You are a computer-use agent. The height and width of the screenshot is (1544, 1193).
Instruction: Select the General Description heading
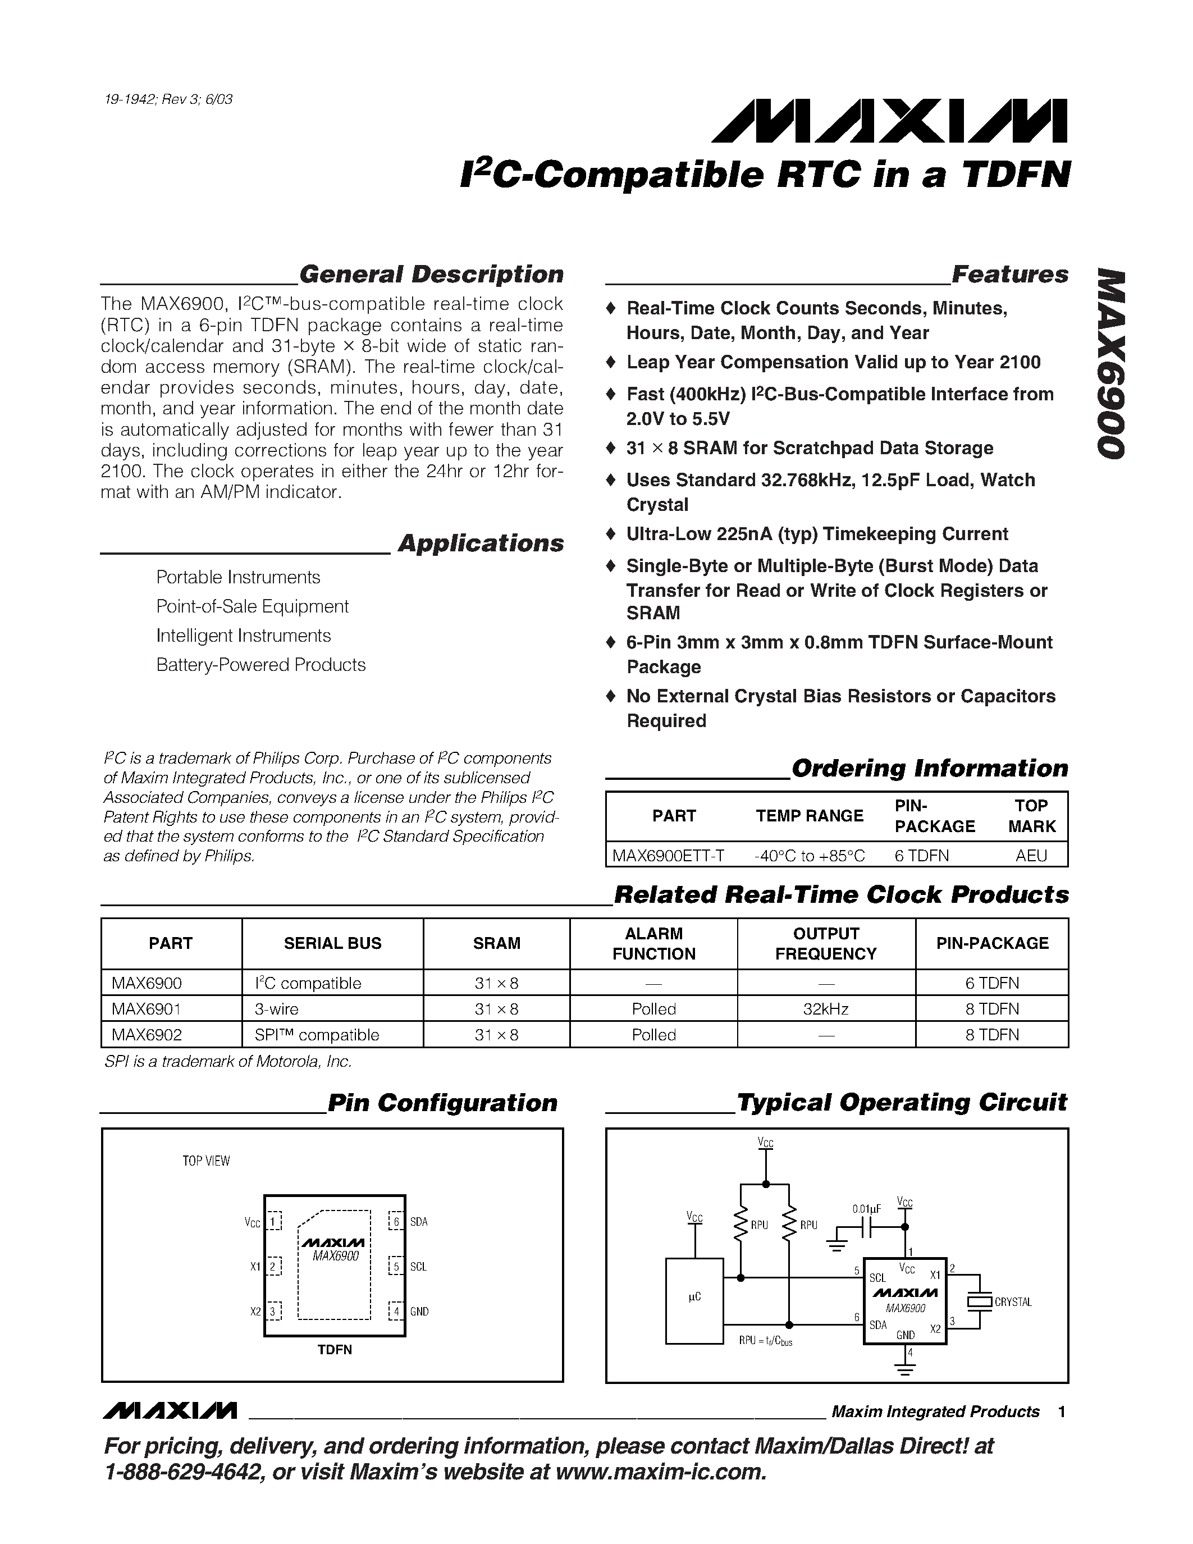pyautogui.click(x=431, y=275)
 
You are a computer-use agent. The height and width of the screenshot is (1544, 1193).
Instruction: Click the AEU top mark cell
pyautogui.click(x=1031, y=856)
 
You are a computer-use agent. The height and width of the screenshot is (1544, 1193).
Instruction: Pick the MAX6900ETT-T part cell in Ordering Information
pyautogui.click(x=668, y=856)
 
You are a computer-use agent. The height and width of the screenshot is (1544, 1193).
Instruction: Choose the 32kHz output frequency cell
pyautogui.click(x=825, y=1009)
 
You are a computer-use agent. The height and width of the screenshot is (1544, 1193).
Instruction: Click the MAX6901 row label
pyautogui.click(x=147, y=1009)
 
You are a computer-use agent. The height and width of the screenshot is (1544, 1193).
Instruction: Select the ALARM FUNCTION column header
pyautogui.click(x=653, y=944)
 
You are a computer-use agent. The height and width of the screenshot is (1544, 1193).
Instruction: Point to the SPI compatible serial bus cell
pyautogui.click(x=317, y=1035)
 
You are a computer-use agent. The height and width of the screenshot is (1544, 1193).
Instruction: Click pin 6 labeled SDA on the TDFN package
pyautogui.click(x=396, y=1222)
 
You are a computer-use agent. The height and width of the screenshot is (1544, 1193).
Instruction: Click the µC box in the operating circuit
pyautogui.click(x=694, y=1298)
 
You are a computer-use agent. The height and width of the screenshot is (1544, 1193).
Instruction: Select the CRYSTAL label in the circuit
pyautogui.click(x=1013, y=1302)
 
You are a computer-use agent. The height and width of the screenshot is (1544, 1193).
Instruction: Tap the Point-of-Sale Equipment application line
pyautogui.click(x=252, y=606)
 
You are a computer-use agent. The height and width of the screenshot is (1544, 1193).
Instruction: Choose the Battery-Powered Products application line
pyautogui.click(x=261, y=665)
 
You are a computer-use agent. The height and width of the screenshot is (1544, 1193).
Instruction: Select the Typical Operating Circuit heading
pyautogui.click(x=902, y=1102)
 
